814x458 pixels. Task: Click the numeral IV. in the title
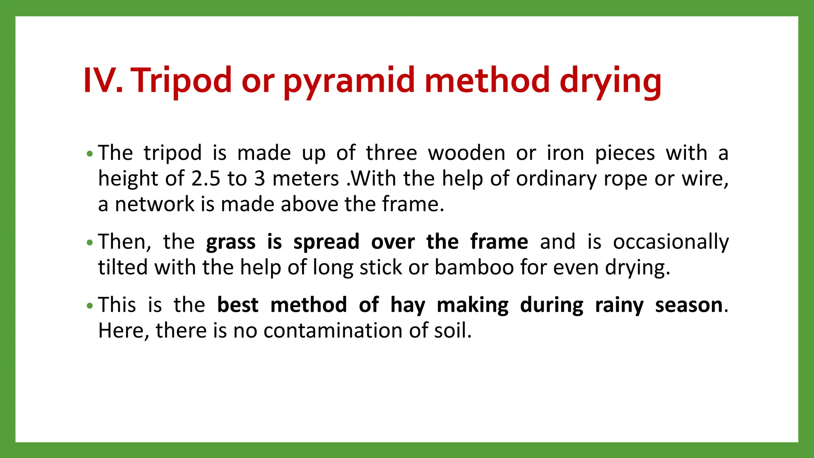pos(103,81)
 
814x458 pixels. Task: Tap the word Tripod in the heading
pos(181,81)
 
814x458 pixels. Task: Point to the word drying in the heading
pos(610,81)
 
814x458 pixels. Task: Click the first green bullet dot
pos(90,153)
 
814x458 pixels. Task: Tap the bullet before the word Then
pos(90,242)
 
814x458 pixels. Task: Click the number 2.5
pos(205,179)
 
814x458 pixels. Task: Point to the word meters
pos(306,179)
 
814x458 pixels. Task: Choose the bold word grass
pos(231,242)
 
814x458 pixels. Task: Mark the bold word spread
pos(326,242)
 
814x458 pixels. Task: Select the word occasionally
pos(671,242)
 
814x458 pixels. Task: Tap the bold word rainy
pos(619,305)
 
